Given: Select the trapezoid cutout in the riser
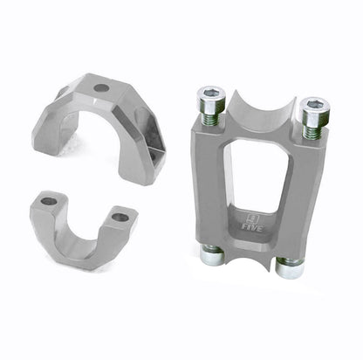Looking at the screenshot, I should click(253, 175).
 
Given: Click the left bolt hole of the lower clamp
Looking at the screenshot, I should click(49, 201).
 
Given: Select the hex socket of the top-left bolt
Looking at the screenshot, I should click(210, 93).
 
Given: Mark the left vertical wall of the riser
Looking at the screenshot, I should click(209, 183).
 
